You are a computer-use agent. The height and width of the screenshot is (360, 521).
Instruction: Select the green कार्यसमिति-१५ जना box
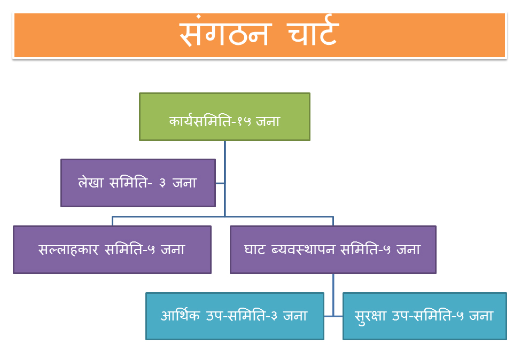click(x=224, y=116)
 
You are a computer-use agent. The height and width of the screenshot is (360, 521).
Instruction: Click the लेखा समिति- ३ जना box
click(x=138, y=183)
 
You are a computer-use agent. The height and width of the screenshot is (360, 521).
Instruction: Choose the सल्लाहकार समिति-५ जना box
click(x=112, y=249)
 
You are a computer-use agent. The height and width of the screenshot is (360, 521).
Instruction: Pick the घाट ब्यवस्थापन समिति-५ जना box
click(x=333, y=249)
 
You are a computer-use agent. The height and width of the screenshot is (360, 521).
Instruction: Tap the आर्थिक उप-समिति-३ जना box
click(x=235, y=316)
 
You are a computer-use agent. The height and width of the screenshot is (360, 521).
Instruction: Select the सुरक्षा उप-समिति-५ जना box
click(x=424, y=316)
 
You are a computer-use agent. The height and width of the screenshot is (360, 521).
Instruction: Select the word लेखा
click(x=91, y=183)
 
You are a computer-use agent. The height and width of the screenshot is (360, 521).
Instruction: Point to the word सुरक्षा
click(x=374, y=316)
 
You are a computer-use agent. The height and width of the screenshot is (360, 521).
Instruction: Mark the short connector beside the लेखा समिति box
click(x=220, y=183)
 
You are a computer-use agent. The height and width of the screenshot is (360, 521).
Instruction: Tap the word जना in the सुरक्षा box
click(x=480, y=316)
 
